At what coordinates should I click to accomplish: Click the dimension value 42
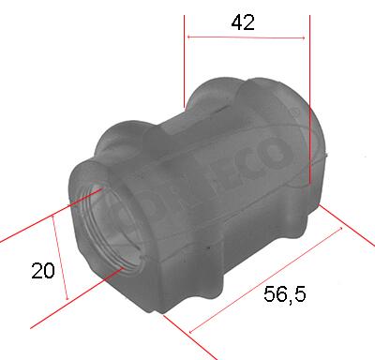tap(244, 24)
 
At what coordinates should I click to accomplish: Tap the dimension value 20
tap(42, 271)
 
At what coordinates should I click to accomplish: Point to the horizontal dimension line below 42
tap(246, 37)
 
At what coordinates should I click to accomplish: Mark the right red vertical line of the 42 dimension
tap(309, 94)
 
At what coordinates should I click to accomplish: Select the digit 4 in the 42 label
tap(237, 24)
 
